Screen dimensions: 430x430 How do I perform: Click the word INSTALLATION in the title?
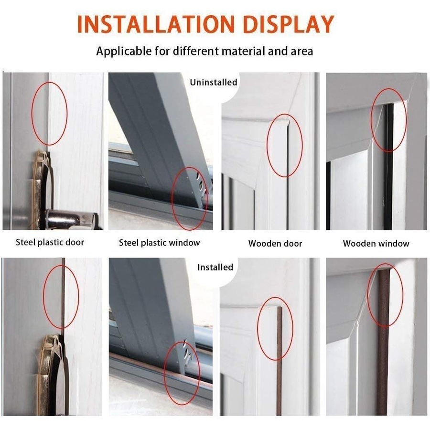pyautogui.click(x=152, y=24)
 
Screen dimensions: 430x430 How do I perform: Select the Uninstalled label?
pyautogui.click(x=213, y=82)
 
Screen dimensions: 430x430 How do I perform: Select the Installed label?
pyautogui.click(x=215, y=267)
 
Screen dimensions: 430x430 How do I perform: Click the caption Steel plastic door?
pyautogui.click(x=50, y=242)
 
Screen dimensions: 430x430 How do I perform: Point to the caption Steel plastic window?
pyautogui.click(x=159, y=243)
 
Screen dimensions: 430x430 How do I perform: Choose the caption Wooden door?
pyautogui.click(x=275, y=244)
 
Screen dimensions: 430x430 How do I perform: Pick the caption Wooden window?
pyautogui.click(x=376, y=244)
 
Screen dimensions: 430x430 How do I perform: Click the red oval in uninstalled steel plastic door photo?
pyautogui.click(x=49, y=113)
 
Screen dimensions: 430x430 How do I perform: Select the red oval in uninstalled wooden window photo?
pyautogui.click(x=388, y=119)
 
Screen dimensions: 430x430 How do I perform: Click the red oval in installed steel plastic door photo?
pyautogui.click(x=61, y=297)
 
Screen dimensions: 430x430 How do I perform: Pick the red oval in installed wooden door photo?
pyautogui.click(x=275, y=329)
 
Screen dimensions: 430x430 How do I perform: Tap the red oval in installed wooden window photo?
pyautogui.click(x=385, y=295)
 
